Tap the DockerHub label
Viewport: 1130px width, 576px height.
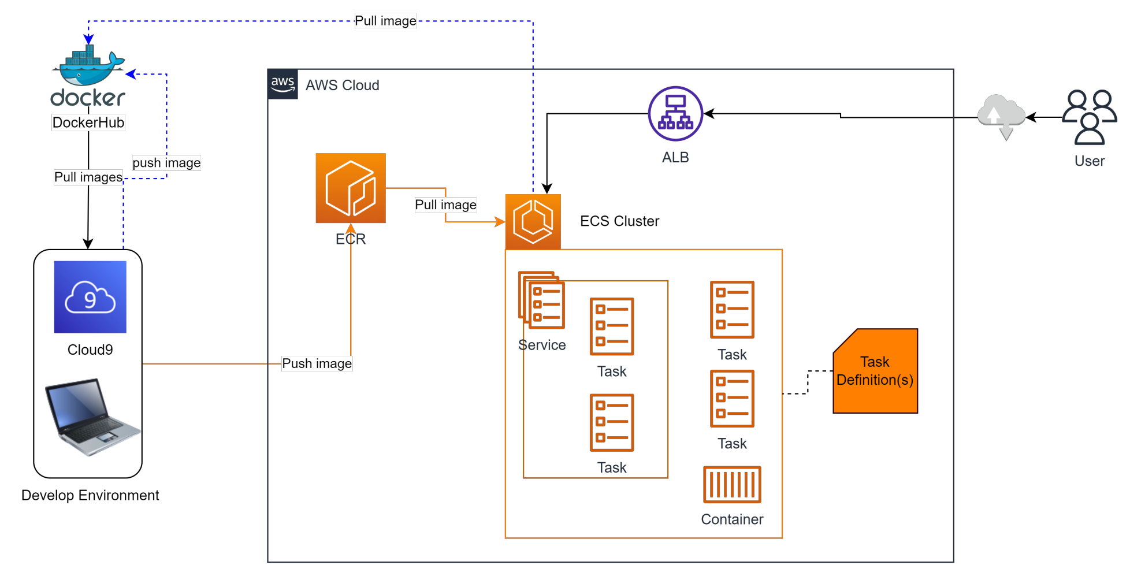tap(88, 122)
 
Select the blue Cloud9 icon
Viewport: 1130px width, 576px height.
tap(90, 297)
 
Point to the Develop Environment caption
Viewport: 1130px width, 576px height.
tap(90, 495)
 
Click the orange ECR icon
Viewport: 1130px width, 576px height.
tap(351, 188)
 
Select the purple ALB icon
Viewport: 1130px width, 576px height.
tap(675, 114)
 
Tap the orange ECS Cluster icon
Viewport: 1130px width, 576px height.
tap(533, 222)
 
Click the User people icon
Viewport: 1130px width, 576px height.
tap(1090, 117)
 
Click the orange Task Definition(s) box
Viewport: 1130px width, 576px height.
tap(875, 371)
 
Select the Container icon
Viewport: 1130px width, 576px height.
tap(732, 485)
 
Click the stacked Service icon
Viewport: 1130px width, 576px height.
tap(541, 300)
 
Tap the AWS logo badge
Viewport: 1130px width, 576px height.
tap(283, 84)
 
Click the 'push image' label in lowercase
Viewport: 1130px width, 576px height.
tap(166, 163)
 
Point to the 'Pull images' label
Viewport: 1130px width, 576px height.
tap(88, 177)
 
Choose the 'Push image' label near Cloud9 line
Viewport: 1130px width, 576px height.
tap(317, 363)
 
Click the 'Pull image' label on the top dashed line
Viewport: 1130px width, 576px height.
tap(385, 21)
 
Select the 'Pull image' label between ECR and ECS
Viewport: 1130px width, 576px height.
tap(445, 205)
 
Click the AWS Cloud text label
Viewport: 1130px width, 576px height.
tap(343, 86)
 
